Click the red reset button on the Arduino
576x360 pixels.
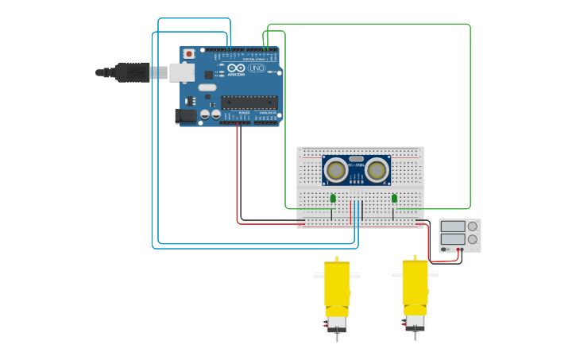pos(188,54)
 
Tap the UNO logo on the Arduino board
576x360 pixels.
pos(256,68)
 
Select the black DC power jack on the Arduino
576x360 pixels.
pos(186,115)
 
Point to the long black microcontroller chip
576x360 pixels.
pos(249,102)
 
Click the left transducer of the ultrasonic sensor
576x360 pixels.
pos(336,170)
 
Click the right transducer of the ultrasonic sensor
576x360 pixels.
pos(377,170)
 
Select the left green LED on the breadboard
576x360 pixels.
pos(333,198)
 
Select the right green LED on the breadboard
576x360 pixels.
pos(394,198)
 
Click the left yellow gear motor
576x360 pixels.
pos(337,286)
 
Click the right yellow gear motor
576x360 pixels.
pos(415,285)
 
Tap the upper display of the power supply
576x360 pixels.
pos(453,226)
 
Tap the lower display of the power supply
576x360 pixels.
pos(453,239)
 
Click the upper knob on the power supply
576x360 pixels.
pos(473,226)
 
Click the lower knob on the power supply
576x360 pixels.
pos(473,239)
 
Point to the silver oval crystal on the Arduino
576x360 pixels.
pos(207,87)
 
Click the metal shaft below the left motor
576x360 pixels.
pos(337,337)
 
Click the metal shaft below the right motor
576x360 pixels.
pos(415,335)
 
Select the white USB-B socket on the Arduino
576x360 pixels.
pos(181,72)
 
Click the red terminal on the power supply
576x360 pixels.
pos(458,250)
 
